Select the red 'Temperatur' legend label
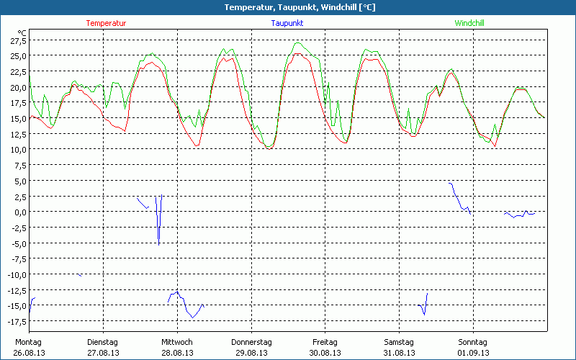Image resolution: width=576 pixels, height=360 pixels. coord(106,23)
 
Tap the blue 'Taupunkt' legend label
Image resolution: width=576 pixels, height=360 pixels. coord(287,23)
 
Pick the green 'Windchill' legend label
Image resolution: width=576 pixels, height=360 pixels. coord(469,23)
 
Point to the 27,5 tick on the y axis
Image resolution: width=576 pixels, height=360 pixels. coord(17,41)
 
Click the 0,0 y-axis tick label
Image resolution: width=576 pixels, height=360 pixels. coord(19,212)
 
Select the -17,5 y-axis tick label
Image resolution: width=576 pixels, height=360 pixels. coord(15,321)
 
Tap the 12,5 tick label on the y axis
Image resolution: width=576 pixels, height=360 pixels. coord(17,135)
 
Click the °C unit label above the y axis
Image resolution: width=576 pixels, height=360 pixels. coord(22,32)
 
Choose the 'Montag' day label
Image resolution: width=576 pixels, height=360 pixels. coord(29,342)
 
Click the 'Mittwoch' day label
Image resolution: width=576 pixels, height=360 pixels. coord(177,342)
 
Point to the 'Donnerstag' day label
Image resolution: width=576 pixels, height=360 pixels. coord(251,342)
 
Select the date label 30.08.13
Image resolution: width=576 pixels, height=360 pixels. coord(325,353)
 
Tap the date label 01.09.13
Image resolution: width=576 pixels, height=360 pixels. coord(473,353)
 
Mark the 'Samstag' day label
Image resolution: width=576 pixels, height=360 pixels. coord(399,342)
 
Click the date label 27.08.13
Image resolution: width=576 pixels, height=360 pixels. coord(103,353)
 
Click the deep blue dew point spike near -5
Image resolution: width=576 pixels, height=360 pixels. coord(159,242)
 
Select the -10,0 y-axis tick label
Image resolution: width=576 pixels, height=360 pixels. coord(15,274)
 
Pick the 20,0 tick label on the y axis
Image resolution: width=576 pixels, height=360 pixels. coord(17,88)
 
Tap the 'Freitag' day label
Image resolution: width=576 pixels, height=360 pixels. coord(325,342)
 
